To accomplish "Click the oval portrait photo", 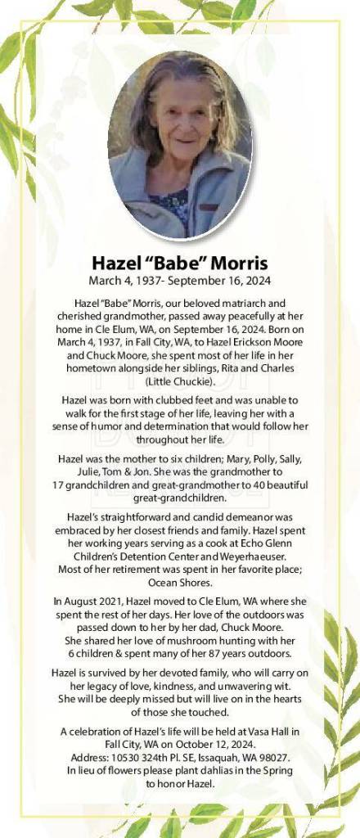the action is click(x=180, y=145).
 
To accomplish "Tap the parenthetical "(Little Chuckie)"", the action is click(x=180, y=381).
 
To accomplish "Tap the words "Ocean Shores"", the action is click(x=180, y=583).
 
